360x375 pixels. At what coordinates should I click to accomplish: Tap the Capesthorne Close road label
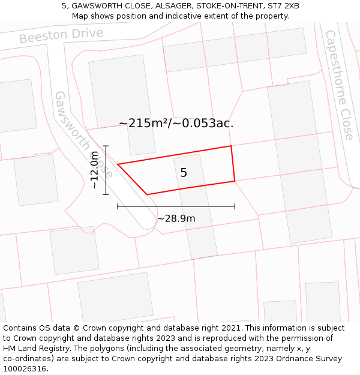340,85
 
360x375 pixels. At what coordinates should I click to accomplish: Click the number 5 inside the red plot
184,173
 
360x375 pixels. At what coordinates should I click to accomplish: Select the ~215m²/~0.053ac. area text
176,124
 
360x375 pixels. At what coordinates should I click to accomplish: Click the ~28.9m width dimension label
176,218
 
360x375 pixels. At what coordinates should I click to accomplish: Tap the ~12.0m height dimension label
94,170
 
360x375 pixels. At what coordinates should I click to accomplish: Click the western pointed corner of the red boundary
118,164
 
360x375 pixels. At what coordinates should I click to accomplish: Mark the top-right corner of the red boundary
231,146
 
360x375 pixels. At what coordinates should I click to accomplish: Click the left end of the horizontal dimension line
118,206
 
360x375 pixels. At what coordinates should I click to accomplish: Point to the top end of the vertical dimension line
106,146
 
